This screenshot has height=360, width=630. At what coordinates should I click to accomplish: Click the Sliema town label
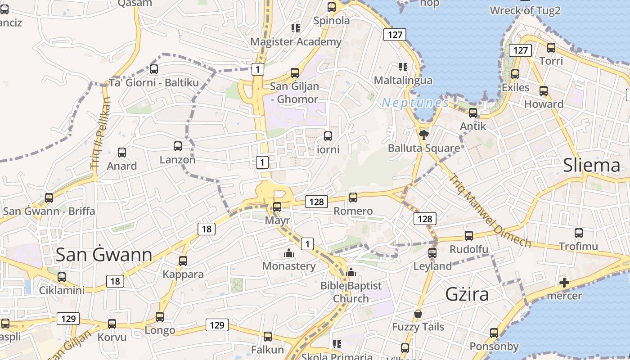click(x=591, y=166)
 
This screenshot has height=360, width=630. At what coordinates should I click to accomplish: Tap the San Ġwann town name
click(x=104, y=255)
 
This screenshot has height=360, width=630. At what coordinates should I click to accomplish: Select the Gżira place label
click(x=467, y=294)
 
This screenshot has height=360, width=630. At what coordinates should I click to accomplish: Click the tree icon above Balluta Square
click(x=423, y=135)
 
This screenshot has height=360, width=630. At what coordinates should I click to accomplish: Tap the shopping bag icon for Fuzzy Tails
click(x=418, y=314)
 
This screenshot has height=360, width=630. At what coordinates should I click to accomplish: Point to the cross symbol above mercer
click(x=564, y=283)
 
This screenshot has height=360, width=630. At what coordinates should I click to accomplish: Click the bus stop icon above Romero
click(x=353, y=197)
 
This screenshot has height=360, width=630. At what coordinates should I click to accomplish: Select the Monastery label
click(x=289, y=266)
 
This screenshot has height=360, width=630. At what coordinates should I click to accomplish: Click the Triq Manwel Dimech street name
click(x=490, y=210)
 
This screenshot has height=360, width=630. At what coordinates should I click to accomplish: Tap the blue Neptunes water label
click(x=415, y=103)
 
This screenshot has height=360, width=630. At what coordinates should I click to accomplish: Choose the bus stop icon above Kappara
click(x=183, y=261)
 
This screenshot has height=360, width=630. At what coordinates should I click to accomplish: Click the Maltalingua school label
click(x=403, y=81)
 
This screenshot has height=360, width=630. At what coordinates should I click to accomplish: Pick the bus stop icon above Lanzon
click(x=178, y=146)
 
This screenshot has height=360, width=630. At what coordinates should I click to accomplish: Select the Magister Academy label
click(x=296, y=42)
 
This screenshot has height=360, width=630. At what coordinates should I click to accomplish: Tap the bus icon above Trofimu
click(x=579, y=233)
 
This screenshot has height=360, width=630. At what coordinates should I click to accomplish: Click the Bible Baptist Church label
click(x=351, y=292)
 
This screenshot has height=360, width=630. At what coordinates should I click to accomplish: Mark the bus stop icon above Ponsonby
click(x=494, y=333)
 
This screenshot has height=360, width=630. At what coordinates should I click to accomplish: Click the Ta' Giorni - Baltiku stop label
click(x=153, y=83)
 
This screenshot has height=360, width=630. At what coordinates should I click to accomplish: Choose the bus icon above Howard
click(x=544, y=91)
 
